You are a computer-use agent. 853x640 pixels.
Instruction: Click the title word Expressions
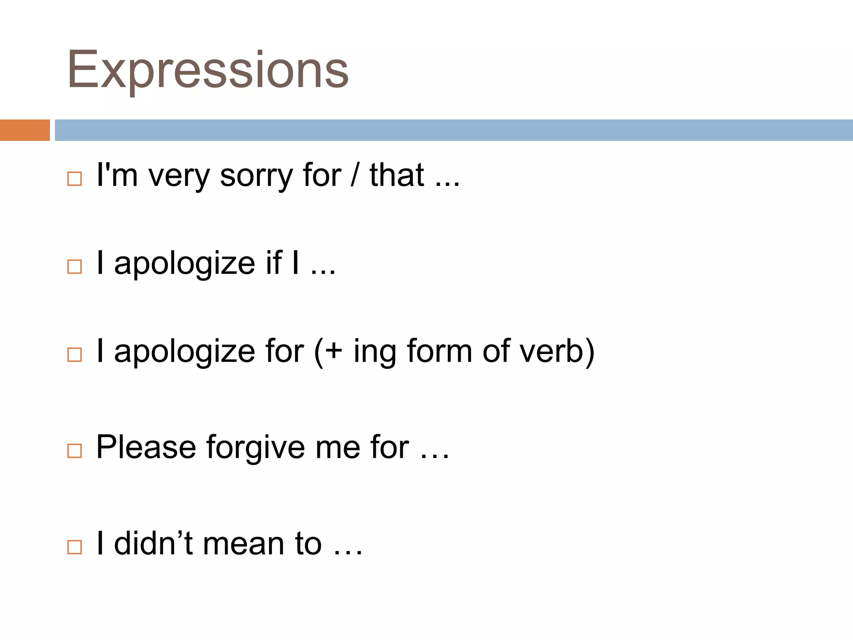207,70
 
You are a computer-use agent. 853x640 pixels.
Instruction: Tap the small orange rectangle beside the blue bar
25,130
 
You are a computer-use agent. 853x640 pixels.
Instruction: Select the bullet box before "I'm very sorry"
75,179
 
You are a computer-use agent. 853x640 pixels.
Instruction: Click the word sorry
256,175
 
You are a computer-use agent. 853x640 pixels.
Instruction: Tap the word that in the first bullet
397,175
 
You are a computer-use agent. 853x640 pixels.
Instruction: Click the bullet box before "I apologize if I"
75,266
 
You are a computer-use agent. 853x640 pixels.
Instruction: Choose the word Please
146,447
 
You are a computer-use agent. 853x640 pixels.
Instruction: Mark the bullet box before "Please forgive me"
75,451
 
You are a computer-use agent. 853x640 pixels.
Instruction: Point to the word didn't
153,543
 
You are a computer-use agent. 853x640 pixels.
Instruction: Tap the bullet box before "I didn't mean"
75,547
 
